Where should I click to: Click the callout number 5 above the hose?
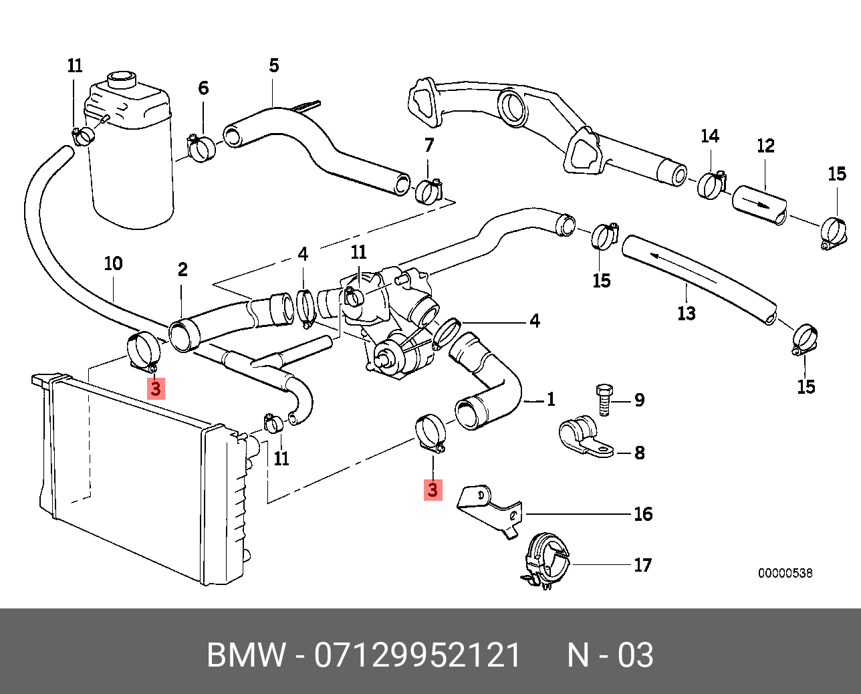(x=274, y=66)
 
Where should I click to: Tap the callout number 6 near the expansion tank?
(x=203, y=88)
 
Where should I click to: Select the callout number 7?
(x=429, y=144)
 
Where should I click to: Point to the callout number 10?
(x=113, y=263)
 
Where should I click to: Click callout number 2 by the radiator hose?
(x=182, y=269)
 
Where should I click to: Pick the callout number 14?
(x=709, y=136)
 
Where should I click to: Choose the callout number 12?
(x=765, y=146)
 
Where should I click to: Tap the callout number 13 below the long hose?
(x=687, y=313)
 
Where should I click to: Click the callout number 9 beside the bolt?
(x=639, y=400)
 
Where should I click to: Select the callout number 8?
(x=639, y=453)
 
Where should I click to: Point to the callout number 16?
(x=642, y=513)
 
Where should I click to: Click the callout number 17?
(x=642, y=565)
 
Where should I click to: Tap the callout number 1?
(x=550, y=399)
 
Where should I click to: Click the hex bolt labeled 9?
(x=604, y=399)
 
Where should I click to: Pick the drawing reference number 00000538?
(x=785, y=573)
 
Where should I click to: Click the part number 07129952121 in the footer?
(x=418, y=655)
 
